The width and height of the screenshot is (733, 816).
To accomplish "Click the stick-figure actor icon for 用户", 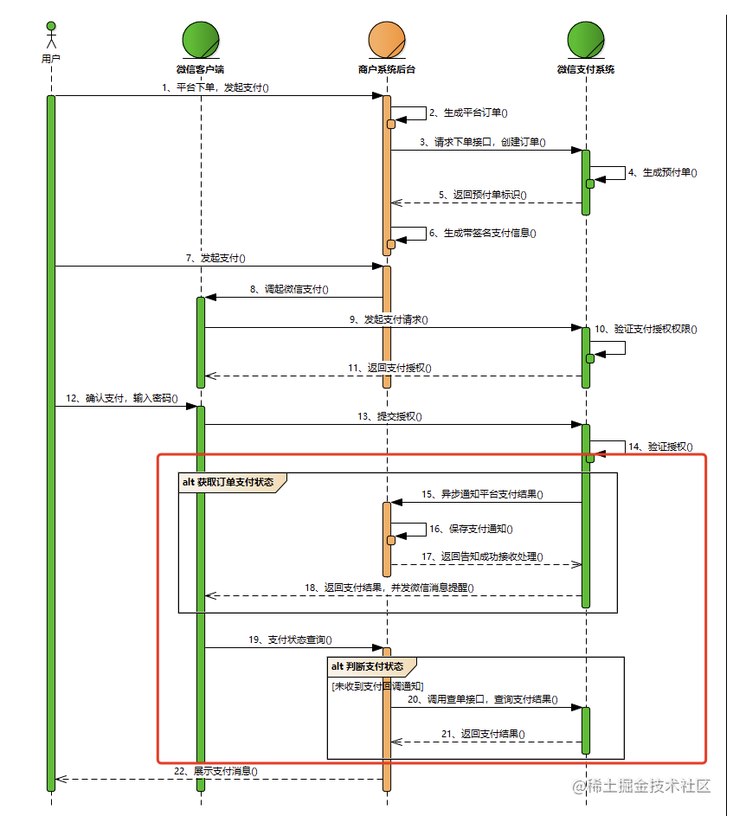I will [51, 35].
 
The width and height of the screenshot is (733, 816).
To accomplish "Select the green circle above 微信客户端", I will [201, 40].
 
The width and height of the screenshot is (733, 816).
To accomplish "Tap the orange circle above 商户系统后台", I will [387, 40].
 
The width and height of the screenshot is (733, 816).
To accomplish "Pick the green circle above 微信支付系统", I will [586, 40].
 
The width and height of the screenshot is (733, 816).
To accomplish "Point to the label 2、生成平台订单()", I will [468, 112].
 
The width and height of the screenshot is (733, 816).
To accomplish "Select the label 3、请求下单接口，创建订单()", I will [482, 142].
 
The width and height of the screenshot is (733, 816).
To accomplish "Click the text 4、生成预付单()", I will [663, 172].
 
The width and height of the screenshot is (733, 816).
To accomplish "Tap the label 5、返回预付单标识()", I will [482, 195].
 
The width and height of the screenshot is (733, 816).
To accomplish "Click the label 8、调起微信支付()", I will [289, 289].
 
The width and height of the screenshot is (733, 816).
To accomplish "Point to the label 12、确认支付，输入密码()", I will [121, 399].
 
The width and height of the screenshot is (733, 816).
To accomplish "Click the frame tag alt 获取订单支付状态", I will [228, 482].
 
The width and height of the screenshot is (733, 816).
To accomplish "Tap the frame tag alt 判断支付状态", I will [367, 666].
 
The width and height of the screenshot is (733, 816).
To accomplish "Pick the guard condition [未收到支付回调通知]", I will [377, 685].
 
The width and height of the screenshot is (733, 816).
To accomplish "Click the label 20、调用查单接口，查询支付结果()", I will [481, 699].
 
